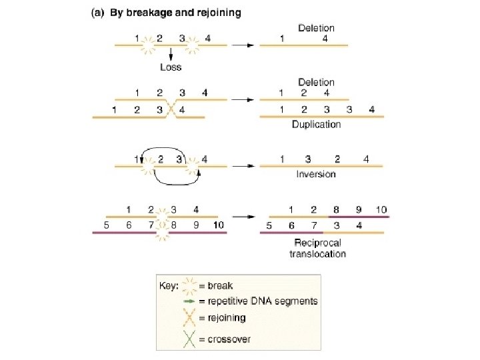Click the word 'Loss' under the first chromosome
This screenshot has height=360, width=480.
click(x=171, y=67)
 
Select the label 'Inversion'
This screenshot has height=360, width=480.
click(x=316, y=174)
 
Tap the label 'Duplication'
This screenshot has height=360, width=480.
click(x=316, y=124)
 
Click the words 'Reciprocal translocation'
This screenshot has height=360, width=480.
click(x=318, y=249)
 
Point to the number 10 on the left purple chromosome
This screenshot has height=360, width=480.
click(x=218, y=225)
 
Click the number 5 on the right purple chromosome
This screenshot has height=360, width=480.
click(x=268, y=225)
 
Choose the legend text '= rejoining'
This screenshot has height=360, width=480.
click(x=222, y=317)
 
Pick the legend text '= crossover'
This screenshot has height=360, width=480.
click(x=225, y=339)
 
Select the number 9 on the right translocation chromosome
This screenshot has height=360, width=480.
click(x=359, y=209)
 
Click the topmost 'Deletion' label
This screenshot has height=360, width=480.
click(x=316, y=29)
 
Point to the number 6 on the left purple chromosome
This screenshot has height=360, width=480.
click(x=128, y=225)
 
